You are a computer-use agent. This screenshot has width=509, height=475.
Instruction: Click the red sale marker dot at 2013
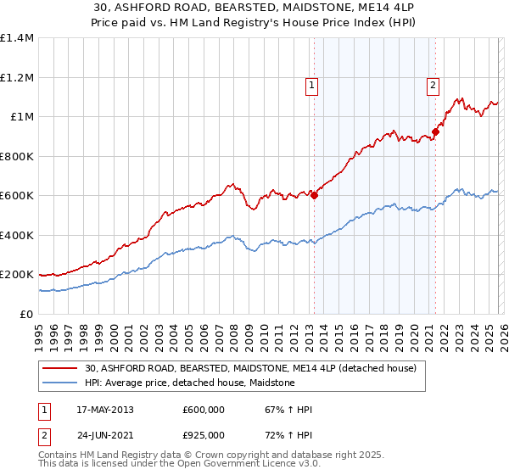314,195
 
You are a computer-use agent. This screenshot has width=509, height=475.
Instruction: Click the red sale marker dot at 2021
435,131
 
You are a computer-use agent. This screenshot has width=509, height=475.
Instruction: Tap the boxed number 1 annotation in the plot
311,85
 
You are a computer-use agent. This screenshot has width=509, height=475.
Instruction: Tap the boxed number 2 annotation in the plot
433,85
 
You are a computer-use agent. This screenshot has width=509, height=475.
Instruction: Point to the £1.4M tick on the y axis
18,38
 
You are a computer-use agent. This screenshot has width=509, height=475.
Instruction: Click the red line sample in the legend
62,369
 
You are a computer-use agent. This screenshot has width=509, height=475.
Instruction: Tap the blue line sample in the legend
62,383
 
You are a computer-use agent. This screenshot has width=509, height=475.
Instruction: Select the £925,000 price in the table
204,434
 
